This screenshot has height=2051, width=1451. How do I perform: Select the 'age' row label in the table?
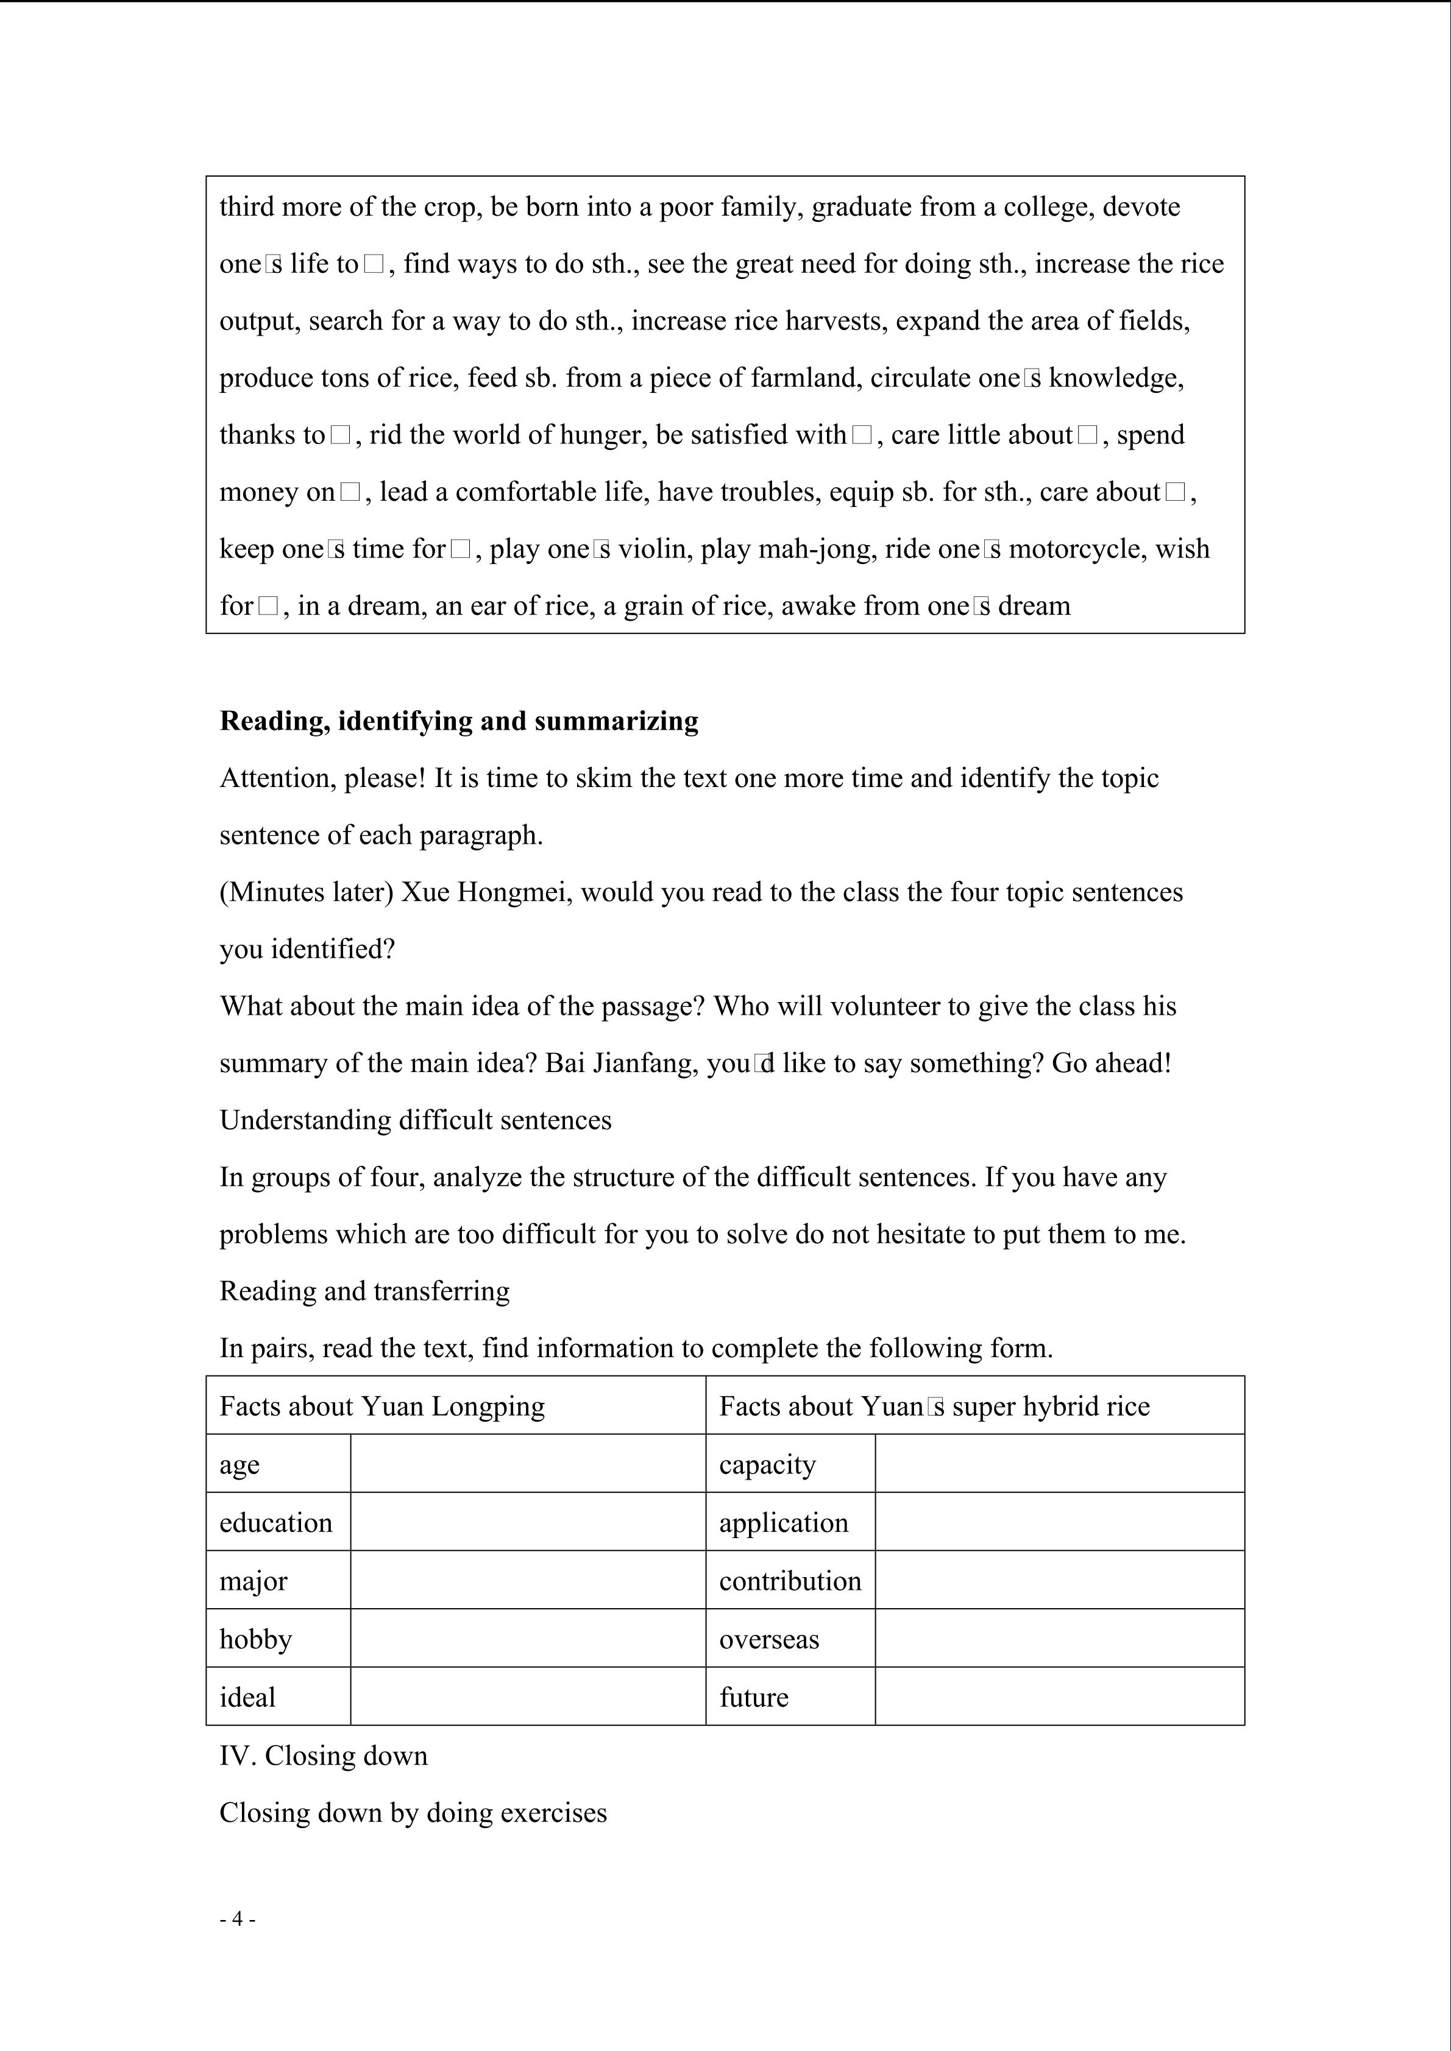(x=239, y=1465)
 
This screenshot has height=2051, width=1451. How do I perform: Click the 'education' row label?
(x=275, y=1522)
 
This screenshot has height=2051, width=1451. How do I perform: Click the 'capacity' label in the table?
(x=767, y=1465)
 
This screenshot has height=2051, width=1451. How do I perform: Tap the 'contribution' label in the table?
(x=790, y=1581)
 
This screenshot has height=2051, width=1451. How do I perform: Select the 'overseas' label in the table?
(x=768, y=1639)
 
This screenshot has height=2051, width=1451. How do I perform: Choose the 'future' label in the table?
(x=753, y=1697)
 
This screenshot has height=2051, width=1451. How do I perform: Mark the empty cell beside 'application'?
(x=1059, y=1522)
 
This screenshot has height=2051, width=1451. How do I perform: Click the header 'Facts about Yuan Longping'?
(x=383, y=1407)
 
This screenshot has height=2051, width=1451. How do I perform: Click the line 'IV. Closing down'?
(x=324, y=1756)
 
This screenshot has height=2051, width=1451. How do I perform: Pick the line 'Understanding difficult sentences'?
(x=416, y=1120)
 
